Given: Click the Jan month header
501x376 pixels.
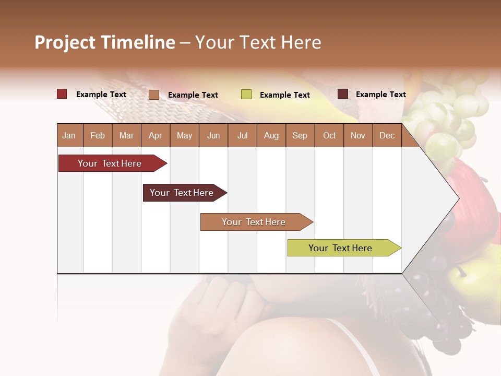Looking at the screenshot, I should [69, 135].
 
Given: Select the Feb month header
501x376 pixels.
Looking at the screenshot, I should [98, 135].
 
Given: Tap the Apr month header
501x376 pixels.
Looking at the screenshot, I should [155, 135].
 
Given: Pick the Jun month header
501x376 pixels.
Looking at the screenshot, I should [213, 135].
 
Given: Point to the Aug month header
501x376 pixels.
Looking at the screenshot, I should [271, 135].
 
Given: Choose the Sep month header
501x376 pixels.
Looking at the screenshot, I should [300, 135].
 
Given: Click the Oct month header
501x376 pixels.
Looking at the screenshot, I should [329, 135].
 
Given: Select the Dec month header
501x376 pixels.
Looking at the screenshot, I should [387, 135].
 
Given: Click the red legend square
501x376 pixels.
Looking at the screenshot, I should [62, 94].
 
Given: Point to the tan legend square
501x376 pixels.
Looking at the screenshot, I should [154, 95].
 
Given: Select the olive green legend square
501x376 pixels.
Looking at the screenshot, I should [246, 95].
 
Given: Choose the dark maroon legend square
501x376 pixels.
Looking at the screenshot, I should [343, 94].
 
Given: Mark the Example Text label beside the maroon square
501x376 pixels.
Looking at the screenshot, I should [380, 94].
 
